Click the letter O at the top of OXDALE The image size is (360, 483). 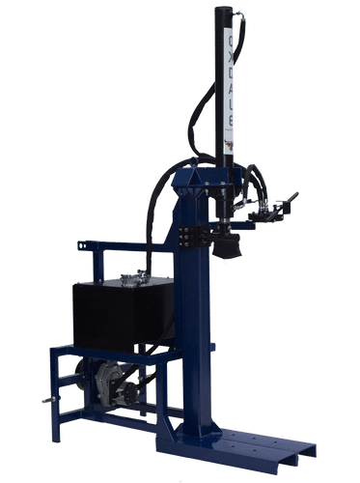click(229, 42)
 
